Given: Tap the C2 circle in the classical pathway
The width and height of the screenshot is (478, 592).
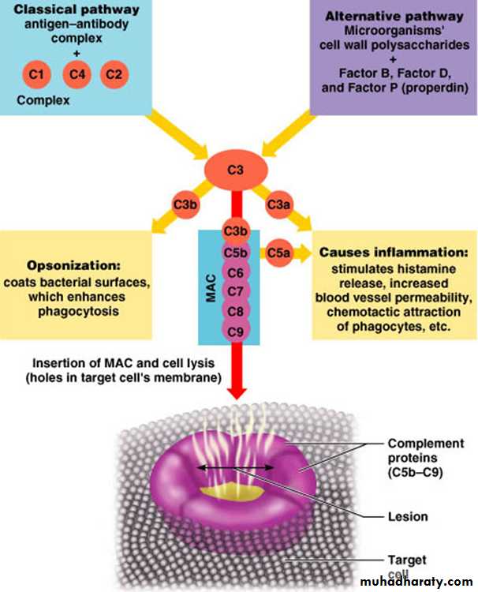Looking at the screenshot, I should tap(114, 75).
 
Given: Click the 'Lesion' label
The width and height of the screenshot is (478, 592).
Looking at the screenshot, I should tap(408, 517).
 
